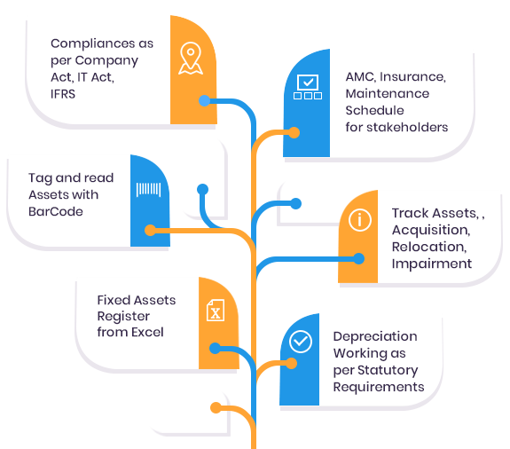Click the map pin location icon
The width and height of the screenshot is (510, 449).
[191, 59]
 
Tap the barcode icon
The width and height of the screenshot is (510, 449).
[148, 189]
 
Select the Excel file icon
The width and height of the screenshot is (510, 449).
[216, 310]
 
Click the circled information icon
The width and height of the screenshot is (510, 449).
[360, 220]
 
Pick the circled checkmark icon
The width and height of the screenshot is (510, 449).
[301, 342]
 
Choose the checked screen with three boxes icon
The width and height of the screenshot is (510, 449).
[308, 87]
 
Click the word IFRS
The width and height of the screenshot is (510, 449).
[63, 94]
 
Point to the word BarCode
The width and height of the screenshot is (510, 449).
[56, 211]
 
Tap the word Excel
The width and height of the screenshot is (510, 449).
[147, 332]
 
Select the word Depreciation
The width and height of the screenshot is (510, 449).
[375, 336]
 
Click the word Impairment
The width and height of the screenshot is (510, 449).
[432, 264]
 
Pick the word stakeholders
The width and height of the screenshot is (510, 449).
[407, 127]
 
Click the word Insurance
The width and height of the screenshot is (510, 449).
[412, 77]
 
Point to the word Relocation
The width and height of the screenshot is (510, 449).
[429, 247]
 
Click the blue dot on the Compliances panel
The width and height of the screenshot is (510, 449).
[204, 101]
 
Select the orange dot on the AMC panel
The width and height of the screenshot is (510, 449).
[294, 132]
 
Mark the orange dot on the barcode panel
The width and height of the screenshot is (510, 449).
[150, 231]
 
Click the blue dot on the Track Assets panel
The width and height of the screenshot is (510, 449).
[358, 259]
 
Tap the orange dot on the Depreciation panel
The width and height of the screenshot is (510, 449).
[292, 364]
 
